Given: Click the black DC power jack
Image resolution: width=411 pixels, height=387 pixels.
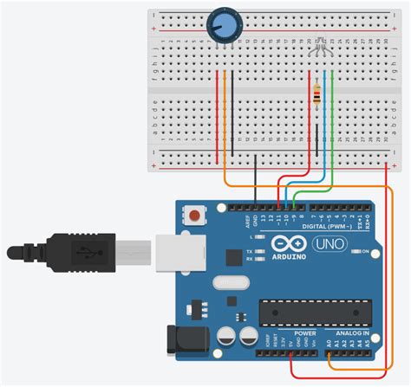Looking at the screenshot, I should pos(186,339).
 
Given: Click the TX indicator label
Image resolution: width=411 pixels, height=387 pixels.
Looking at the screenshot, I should pos(250,249).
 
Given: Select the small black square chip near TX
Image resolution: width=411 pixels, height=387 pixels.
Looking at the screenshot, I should pos(233,256).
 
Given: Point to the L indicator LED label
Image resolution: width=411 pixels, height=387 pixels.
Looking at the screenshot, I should pos(250,235).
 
